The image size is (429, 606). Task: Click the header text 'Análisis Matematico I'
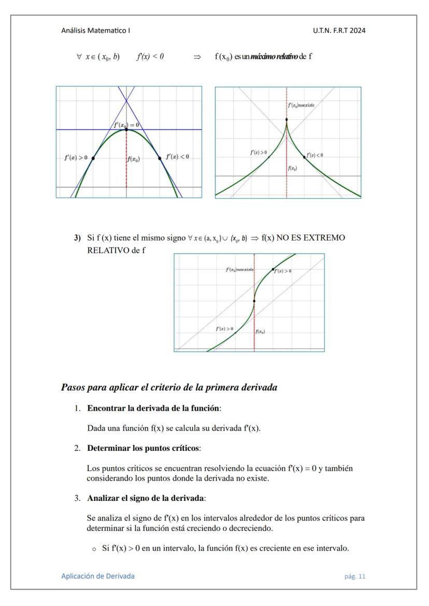click(95, 31)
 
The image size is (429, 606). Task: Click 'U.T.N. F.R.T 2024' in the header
click(339, 31)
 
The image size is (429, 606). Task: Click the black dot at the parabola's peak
click(126, 129)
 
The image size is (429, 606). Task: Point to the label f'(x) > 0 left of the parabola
click(76, 157)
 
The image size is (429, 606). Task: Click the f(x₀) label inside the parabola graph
click(133, 159)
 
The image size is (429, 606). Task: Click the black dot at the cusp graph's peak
click(287, 120)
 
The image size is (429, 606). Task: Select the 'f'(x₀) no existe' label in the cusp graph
click(301, 105)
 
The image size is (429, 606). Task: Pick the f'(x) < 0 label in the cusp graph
click(314, 155)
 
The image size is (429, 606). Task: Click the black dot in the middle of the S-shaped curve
click(254, 301)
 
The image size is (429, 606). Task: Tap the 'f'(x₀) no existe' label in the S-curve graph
click(239, 270)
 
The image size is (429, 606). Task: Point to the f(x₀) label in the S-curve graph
click(260, 332)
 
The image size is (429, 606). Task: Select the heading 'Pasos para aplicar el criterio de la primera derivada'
click(169, 387)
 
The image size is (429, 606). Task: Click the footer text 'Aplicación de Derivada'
click(98, 576)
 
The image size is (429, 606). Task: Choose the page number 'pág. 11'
click(355, 577)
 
